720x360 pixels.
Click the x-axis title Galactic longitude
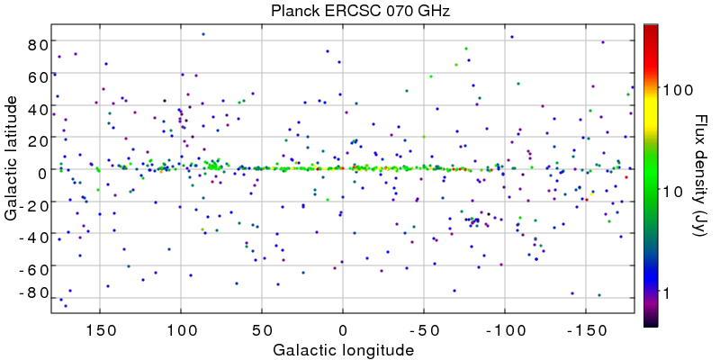tap(342, 348)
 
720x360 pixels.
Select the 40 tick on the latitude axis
tap(37, 107)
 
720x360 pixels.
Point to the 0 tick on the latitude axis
tap(42, 171)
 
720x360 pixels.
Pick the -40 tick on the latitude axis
tap(34, 236)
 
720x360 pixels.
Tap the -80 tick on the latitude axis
tap(34, 293)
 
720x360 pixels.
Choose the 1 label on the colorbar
tap(667, 293)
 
